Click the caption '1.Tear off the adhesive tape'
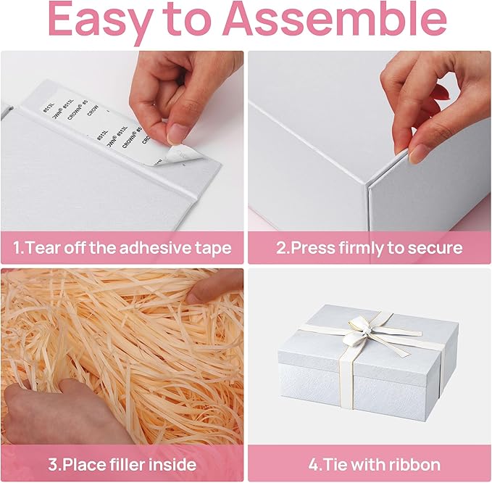pos(122,248)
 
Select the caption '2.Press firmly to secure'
pos(370,248)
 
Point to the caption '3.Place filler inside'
pos(122,464)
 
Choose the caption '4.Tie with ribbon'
pos(370,464)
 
